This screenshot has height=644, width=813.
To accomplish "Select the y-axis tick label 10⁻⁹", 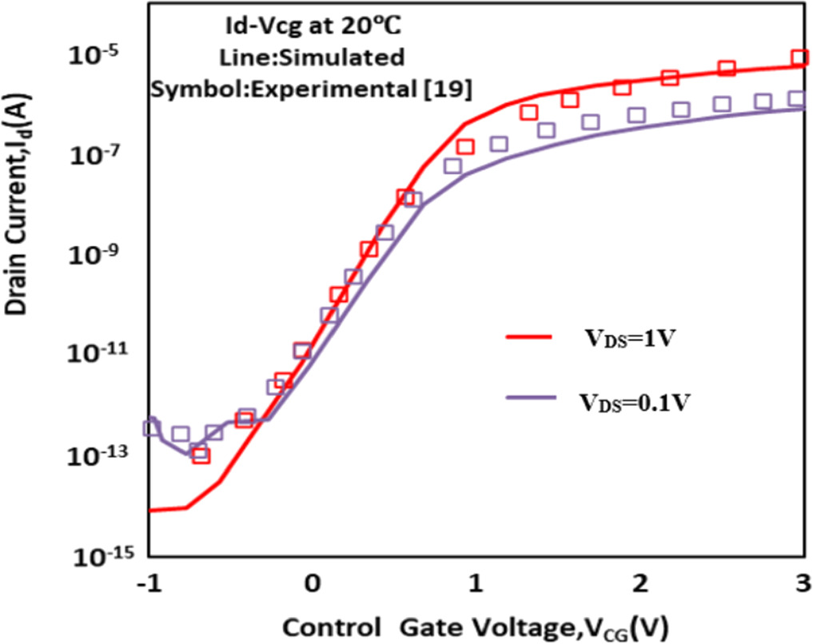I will click(98, 255).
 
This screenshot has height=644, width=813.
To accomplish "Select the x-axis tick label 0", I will click(313, 584).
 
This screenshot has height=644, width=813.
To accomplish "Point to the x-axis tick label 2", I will click(639, 584).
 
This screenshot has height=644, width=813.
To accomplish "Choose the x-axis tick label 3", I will click(801, 584).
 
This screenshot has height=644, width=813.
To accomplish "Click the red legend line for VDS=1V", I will click(528, 338).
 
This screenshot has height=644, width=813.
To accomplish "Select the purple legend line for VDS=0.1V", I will click(528, 398).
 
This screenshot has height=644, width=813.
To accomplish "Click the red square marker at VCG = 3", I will click(799, 58).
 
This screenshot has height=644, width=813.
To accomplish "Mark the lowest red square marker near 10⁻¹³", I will click(201, 455).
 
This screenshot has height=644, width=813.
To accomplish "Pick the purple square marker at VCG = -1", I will click(151, 427).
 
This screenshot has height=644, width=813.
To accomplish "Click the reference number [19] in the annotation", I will click(452, 90).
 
